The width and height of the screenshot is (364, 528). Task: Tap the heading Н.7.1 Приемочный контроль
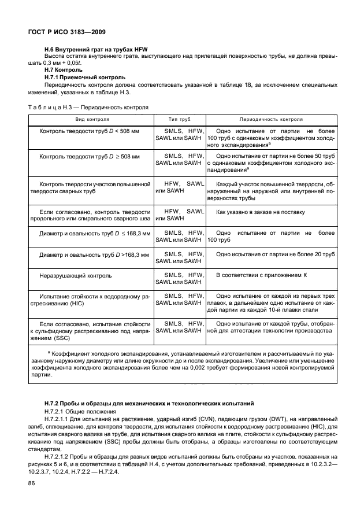(84, 77)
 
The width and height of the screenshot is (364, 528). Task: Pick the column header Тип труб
(179, 119)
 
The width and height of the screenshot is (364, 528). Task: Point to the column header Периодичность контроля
(271, 119)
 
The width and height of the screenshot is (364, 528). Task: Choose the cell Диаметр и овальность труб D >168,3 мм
(94, 254)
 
